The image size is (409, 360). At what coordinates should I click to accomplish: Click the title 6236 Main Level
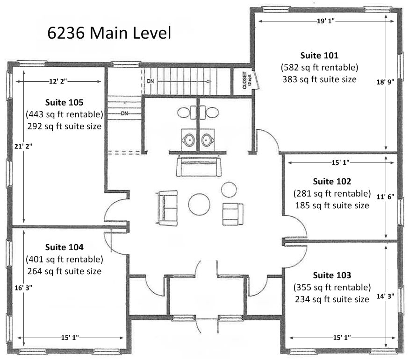click(109, 33)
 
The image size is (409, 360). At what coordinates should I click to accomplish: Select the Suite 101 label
click(319, 56)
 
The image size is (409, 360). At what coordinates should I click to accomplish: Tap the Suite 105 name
click(64, 102)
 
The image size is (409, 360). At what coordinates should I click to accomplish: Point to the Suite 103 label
click(332, 275)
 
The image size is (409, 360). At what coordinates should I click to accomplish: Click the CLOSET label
click(244, 80)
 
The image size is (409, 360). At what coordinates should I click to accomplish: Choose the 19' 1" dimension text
click(326, 21)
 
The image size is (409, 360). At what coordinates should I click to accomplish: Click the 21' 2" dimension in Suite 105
click(23, 147)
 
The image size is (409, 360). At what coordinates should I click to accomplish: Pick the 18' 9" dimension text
click(385, 82)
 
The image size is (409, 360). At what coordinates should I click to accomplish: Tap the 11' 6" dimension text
click(385, 197)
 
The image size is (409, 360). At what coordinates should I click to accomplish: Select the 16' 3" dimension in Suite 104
click(23, 288)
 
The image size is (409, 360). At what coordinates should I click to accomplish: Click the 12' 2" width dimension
click(58, 82)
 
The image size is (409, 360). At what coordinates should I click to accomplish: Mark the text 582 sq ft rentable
click(319, 67)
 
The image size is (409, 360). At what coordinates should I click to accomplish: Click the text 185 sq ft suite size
click(332, 205)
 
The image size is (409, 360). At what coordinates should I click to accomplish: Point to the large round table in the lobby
click(199, 204)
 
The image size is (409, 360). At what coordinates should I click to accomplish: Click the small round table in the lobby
click(229, 190)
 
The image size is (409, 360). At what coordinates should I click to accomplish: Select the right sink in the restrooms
click(208, 140)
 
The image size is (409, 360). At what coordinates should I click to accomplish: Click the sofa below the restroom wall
click(199, 166)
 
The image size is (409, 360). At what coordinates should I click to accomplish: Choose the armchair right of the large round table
click(233, 214)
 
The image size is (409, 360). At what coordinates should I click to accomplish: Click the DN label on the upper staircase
click(151, 81)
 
